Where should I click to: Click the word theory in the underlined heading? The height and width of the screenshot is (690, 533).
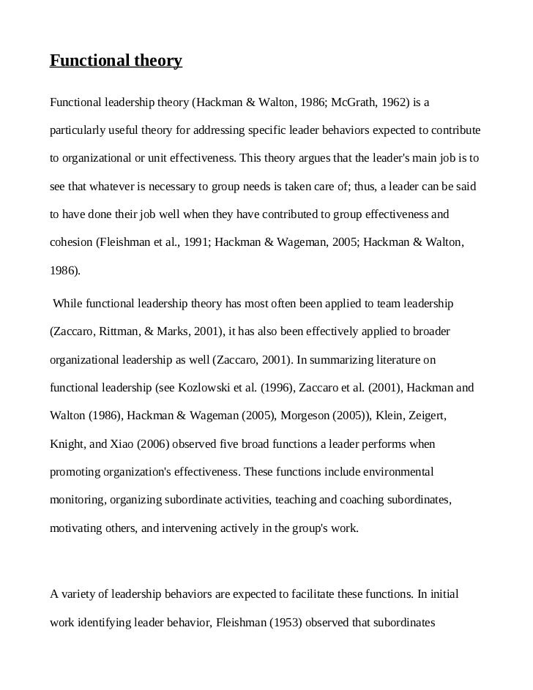pos(155,61)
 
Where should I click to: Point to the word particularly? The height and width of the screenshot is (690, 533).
pos(78,130)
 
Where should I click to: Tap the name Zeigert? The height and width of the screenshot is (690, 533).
pos(425,416)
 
